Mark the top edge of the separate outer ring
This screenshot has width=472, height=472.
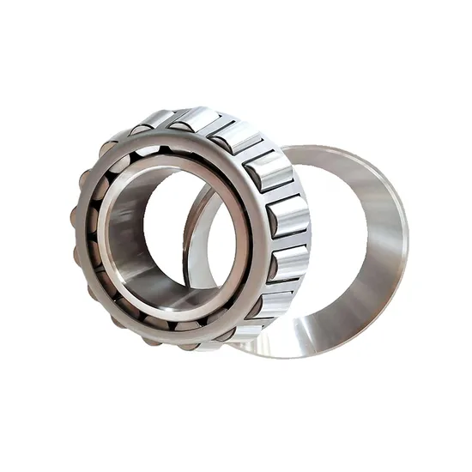tap(335, 151)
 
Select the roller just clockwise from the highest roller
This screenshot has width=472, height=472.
tap(233, 137)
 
